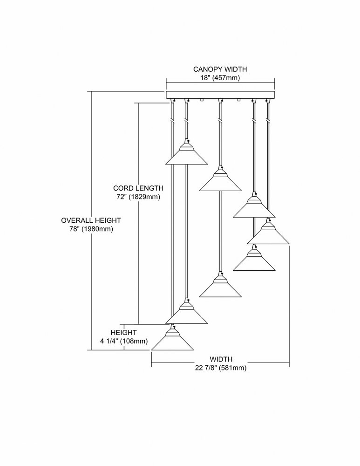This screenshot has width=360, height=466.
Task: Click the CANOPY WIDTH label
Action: [220, 69]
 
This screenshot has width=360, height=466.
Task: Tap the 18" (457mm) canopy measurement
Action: [220, 78]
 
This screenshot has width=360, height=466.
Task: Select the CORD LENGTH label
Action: [138, 188]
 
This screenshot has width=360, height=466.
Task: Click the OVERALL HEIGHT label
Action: [91, 220]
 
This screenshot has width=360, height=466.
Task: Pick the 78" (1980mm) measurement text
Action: [91, 229]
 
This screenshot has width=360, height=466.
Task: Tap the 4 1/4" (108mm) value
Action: [124, 341]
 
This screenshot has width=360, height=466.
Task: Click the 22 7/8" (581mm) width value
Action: [221, 368]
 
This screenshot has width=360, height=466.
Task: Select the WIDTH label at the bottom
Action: [221, 359]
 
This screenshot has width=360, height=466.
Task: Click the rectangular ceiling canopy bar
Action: [220, 95]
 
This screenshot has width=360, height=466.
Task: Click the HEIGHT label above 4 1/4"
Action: [123, 333]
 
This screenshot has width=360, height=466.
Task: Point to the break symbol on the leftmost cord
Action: [173, 121]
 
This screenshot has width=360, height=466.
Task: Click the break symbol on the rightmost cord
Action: [268, 121]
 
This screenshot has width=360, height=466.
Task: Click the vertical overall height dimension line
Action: [91, 220]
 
